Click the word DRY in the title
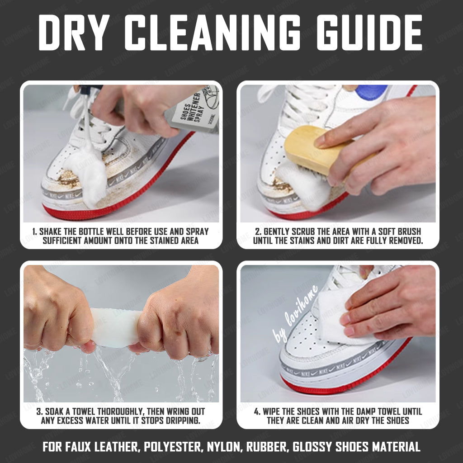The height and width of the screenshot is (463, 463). click(74, 32)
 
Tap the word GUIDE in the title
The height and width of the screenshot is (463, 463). click(369, 32)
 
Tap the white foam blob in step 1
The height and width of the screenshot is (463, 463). click(89, 174)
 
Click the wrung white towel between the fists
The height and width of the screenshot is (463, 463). click(115, 328)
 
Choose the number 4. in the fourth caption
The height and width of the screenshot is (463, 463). click(257, 411)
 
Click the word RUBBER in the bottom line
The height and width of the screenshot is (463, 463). click(267, 447)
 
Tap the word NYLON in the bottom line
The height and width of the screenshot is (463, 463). click(225, 447)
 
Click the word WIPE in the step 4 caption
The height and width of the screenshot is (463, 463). click(271, 411)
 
